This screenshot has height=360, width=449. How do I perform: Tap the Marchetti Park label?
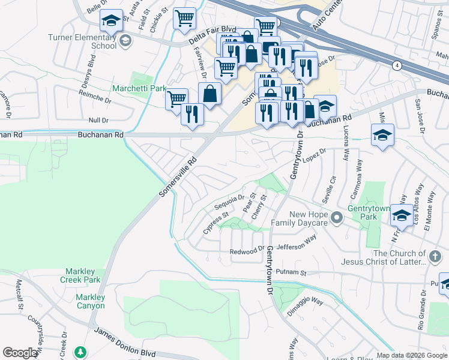(x=139, y=88)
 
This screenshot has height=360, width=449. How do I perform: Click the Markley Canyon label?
(x=90, y=301)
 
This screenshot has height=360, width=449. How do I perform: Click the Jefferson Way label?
(x=297, y=242)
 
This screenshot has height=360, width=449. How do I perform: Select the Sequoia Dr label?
(x=229, y=202)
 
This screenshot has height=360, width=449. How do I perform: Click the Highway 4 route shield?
(x=397, y=64)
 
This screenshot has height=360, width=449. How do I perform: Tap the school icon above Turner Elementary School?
(x=111, y=21)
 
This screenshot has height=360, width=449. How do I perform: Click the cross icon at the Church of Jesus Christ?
(x=435, y=257)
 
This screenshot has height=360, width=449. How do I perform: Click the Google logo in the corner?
(x=20, y=353)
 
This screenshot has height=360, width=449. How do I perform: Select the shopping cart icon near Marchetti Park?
(x=176, y=98)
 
